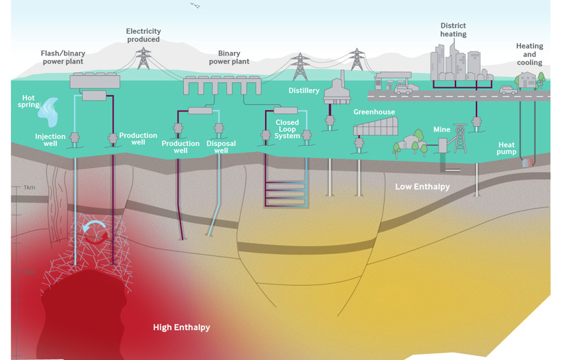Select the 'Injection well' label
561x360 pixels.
(x=50, y=140)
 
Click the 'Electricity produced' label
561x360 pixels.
(x=143, y=35)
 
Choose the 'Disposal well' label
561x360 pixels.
(x=220, y=147)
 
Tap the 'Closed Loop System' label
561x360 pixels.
(x=287, y=130)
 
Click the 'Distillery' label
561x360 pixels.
(x=303, y=91)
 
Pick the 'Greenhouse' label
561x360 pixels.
(x=374, y=112)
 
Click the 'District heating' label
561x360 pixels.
(x=454, y=30)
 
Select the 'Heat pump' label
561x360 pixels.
(x=507, y=149)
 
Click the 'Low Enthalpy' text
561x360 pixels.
(x=422, y=186)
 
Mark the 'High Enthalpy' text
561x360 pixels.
(x=181, y=328)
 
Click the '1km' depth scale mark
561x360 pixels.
(x=29, y=186)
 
